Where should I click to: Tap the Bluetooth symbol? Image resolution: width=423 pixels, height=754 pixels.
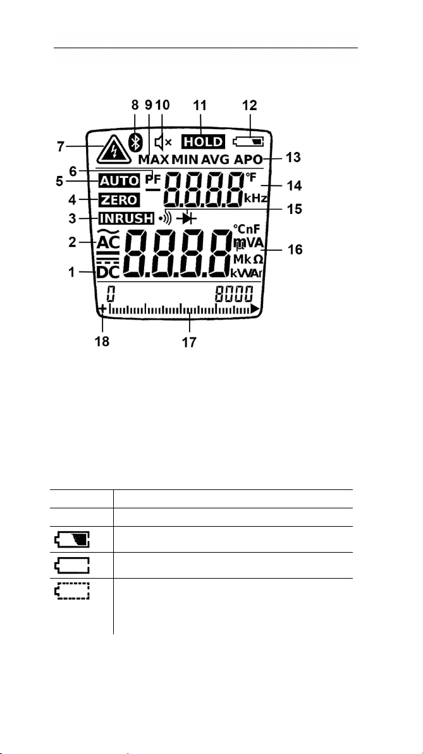click(133, 142)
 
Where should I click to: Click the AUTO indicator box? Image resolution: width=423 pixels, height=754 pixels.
click(118, 181)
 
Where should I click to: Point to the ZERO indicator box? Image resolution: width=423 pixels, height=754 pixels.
click(118, 200)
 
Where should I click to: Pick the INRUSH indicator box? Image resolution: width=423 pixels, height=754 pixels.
click(126, 219)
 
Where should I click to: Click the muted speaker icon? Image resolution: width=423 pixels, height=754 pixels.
click(164, 142)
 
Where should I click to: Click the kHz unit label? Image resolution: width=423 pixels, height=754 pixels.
click(256, 198)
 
